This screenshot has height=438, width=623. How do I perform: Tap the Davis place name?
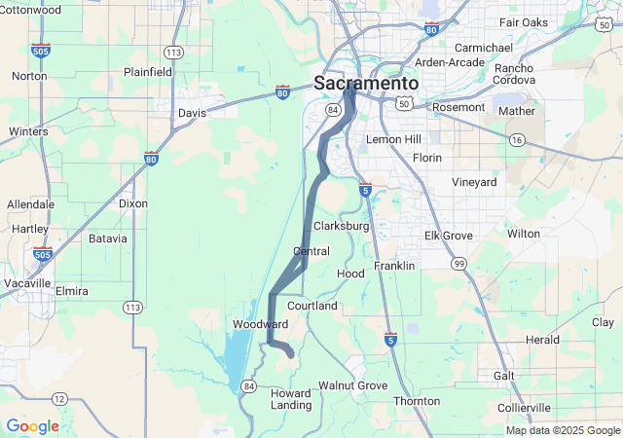click(x=192, y=113)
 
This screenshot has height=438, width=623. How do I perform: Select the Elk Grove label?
click(x=448, y=236)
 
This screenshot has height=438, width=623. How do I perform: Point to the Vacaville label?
click(x=25, y=282)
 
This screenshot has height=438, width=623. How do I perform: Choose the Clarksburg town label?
click(x=341, y=226)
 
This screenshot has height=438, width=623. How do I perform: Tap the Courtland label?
click(x=311, y=306)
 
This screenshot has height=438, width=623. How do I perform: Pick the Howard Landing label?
click(x=290, y=399)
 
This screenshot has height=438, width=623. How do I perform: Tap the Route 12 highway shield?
click(x=59, y=398)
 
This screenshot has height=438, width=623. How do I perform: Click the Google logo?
click(x=32, y=426)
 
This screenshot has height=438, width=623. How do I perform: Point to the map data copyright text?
click(x=562, y=430)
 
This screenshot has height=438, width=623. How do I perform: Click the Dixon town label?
click(x=133, y=203)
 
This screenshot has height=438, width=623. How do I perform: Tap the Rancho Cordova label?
click(x=513, y=75)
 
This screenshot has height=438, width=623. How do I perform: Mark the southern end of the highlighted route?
click(x=290, y=355)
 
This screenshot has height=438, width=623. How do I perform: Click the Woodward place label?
click(x=260, y=323)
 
